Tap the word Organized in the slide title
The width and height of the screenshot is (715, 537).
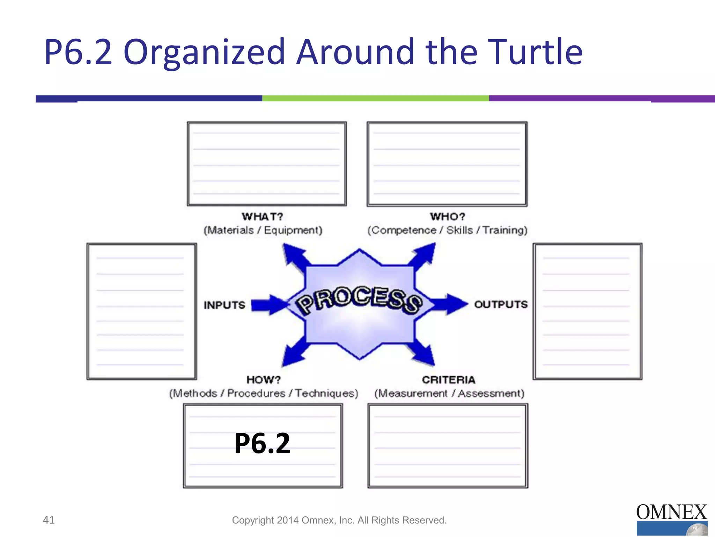click(204, 52)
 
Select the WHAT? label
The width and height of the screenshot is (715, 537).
click(263, 217)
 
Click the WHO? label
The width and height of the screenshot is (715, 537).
click(448, 217)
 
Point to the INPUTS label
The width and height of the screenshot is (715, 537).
click(224, 305)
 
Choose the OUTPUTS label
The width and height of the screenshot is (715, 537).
click(501, 305)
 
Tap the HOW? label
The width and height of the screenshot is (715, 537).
click(264, 380)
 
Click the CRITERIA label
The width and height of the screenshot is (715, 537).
click(449, 380)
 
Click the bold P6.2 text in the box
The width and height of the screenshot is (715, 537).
click(262, 443)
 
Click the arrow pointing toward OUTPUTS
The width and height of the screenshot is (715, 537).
click(450, 304)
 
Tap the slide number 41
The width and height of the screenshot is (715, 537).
click(49, 520)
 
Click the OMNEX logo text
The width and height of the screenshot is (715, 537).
click(671, 513)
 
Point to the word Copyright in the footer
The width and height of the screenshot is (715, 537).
click(253, 520)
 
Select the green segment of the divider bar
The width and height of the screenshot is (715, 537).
click(375, 99)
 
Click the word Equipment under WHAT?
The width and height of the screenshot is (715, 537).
click(293, 230)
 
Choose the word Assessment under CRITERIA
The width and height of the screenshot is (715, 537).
click(491, 394)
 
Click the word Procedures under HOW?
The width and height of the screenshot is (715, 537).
click(256, 394)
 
